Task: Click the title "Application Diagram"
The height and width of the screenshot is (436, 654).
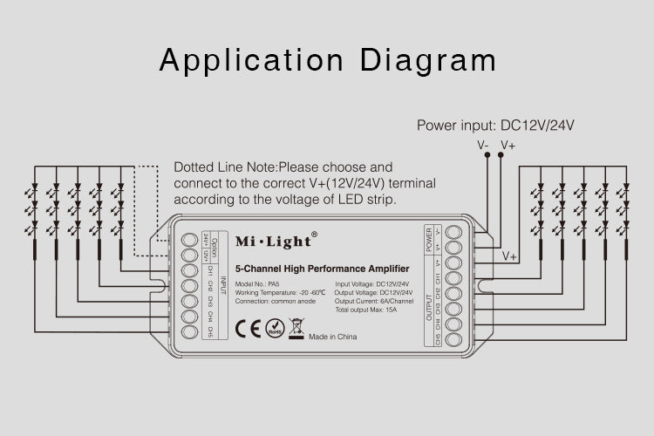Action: [327, 60]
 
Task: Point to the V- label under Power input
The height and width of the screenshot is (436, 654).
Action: [482, 145]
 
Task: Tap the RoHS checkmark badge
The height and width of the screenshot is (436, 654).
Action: [274, 330]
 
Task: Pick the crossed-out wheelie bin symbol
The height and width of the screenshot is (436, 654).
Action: [295, 329]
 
